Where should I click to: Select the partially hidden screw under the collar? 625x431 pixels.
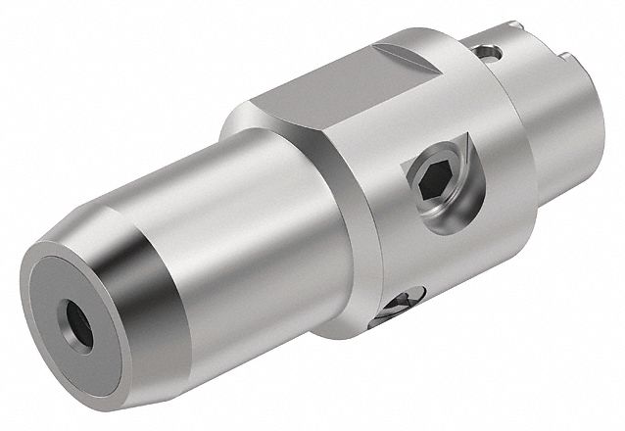coord(405,306)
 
